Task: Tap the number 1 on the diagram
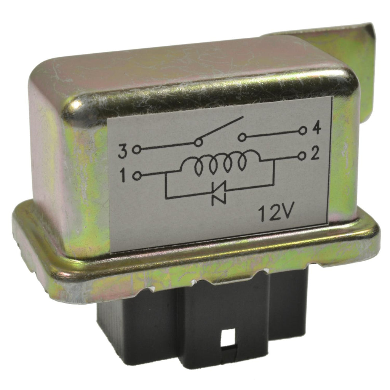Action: (123, 176)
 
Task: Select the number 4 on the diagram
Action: (316, 130)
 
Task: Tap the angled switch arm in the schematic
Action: (221, 129)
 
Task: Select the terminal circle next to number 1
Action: (138, 176)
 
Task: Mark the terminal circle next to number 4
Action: (302, 131)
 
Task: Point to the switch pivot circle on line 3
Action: (198, 143)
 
